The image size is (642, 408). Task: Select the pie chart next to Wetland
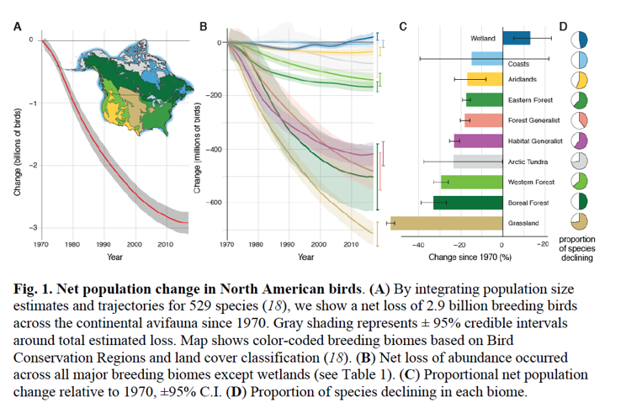coord(579,40)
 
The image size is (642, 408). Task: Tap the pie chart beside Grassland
coord(579,222)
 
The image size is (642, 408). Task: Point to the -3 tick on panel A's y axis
coord(30,227)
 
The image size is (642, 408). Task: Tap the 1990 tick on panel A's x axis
coord(103,244)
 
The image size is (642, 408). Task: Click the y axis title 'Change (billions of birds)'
coord(16,147)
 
